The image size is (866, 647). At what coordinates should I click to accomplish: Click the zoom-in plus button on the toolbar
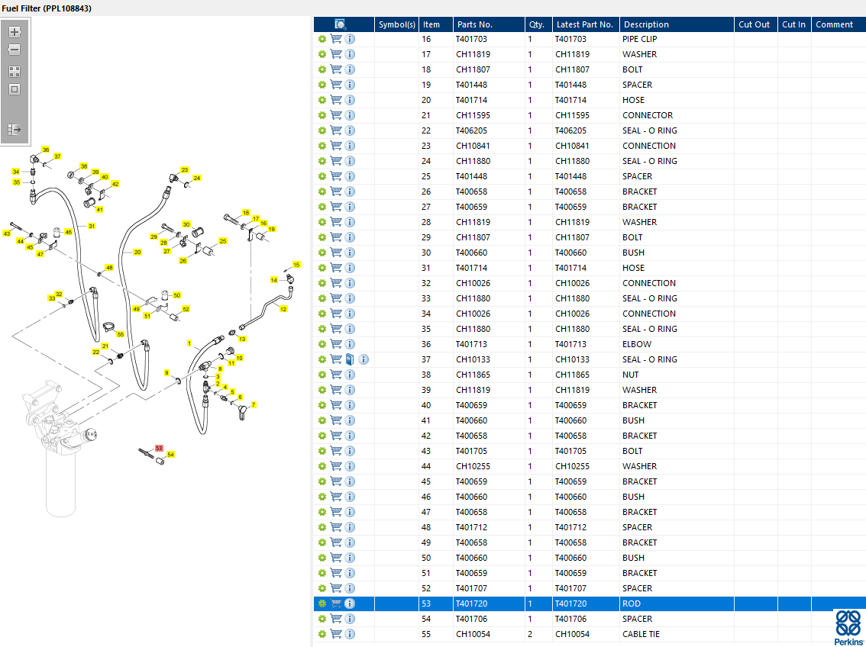pyautogui.click(x=15, y=32)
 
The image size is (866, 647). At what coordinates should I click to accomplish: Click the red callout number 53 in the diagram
pyautogui.click(x=159, y=449)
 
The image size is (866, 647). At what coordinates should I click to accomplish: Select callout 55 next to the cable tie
pyautogui.click(x=121, y=334)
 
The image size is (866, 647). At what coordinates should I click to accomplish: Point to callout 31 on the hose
pyautogui.click(x=92, y=226)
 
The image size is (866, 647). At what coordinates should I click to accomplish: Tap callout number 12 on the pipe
pyautogui.click(x=283, y=309)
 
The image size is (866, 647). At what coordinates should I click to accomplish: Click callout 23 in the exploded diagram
pyautogui.click(x=185, y=170)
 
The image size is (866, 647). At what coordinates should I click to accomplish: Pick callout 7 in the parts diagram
pyautogui.click(x=254, y=405)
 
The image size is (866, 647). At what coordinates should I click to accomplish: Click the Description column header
pyautogui.click(x=645, y=24)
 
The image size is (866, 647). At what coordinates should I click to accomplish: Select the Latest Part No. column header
pyautogui.click(x=585, y=24)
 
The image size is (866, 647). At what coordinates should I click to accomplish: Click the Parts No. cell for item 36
pyautogui.click(x=472, y=344)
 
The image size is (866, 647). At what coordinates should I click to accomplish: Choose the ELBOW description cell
pyautogui.click(x=637, y=344)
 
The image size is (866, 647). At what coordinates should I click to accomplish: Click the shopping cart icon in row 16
pyautogui.click(x=336, y=39)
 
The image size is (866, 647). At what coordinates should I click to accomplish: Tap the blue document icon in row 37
pyautogui.click(x=350, y=359)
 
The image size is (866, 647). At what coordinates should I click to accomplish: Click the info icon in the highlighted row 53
pyautogui.click(x=350, y=604)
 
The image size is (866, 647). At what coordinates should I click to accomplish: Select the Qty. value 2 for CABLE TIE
pyautogui.click(x=530, y=634)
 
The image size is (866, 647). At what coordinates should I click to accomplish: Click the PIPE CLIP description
pyautogui.click(x=639, y=39)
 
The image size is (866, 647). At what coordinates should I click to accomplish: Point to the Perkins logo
pyautogui.click(x=848, y=628)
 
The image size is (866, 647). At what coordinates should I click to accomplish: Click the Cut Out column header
pyautogui.click(x=754, y=24)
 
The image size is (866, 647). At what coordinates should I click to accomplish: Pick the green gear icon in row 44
pyautogui.click(x=322, y=466)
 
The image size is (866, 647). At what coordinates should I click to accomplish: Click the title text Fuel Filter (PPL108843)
pyautogui.click(x=47, y=8)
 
